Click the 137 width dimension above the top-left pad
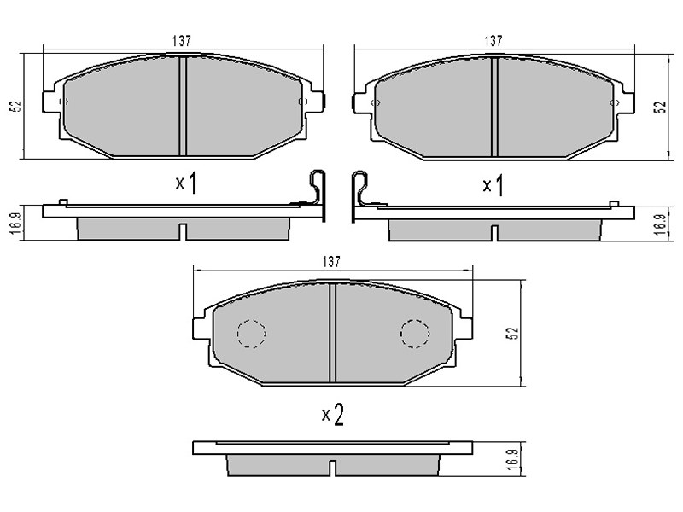pyautogui.click(x=181, y=41)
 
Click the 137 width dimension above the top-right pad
pyautogui.click(x=493, y=41)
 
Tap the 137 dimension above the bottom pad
pyautogui.click(x=331, y=262)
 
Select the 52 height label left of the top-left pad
pyautogui.click(x=16, y=106)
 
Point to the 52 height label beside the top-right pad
pyautogui.click(x=661, y=108)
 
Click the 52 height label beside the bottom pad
pyautogui.click(x=514, y=333)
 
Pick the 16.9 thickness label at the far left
pyautogui.click(x=16, y=224)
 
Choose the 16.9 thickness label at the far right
pyautogui.click(x=661, y=224)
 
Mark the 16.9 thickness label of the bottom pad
pyautogui.click(x=514, y=460)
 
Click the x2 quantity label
pyautogui.click(x=333, y=415)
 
